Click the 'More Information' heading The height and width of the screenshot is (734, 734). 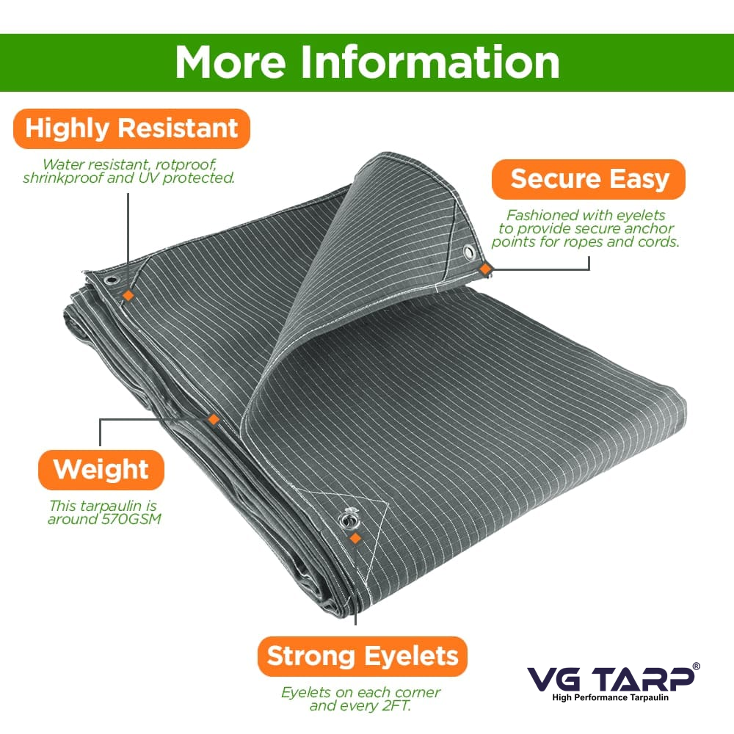point(368,62)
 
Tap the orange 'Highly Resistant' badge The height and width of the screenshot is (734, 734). point(131,128)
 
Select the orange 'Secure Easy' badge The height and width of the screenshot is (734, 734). point(589,179)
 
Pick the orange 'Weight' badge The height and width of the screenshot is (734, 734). point(101,470)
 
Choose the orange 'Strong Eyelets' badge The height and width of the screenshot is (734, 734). point(363,656)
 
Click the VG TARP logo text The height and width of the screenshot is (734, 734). point(611,678)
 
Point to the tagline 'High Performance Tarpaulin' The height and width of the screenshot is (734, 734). point(611,697)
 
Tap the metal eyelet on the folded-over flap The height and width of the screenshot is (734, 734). point(469,252)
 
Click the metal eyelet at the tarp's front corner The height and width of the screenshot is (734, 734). point(347,520)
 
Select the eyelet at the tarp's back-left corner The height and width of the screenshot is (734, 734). point(112,281)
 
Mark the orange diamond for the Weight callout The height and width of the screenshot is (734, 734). point(214,419)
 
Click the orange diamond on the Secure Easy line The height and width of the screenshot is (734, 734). point(485,269)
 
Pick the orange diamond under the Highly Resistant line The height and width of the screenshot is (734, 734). point(128,295)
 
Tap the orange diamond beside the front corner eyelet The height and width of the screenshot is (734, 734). point(356,538)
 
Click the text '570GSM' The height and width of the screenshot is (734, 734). point(131,519)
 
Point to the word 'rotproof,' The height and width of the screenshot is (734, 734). point(186,164)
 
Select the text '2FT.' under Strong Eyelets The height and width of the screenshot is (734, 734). point(396,705)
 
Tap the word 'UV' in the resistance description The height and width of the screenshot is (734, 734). point(148,178)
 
